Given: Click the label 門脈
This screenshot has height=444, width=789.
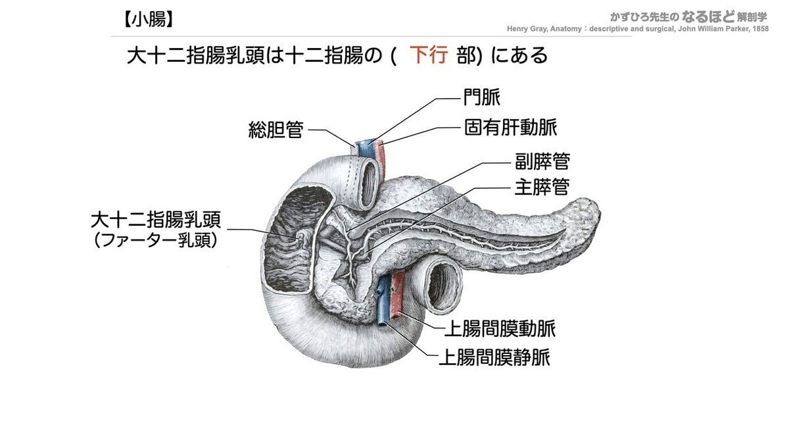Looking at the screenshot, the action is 481,97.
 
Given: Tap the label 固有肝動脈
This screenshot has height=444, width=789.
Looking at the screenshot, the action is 511,127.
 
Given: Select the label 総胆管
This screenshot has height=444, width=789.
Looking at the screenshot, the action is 275,130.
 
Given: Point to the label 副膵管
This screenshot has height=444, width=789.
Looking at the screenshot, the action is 542,161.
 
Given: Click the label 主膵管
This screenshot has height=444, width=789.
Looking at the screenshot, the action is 542,187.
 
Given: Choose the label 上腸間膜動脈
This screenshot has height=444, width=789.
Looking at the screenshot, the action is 500,329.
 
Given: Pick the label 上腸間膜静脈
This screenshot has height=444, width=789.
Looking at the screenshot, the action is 494,358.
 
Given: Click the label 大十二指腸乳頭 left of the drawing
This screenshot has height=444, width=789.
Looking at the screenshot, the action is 156,220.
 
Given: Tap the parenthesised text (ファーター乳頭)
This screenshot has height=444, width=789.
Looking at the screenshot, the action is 155,241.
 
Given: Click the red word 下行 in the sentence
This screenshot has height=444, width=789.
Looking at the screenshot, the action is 429,55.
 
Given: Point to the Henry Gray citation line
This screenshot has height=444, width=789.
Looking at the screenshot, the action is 638,29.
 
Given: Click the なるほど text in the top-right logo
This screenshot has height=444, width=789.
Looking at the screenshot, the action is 708,16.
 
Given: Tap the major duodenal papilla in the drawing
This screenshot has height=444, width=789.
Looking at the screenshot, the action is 302,237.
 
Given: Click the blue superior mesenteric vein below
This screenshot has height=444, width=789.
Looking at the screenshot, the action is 383,299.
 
